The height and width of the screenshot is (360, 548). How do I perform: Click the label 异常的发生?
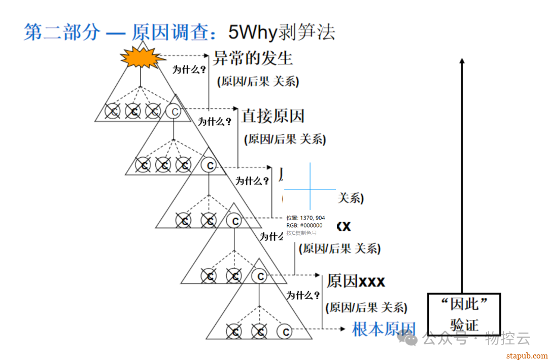[x=253, y=58]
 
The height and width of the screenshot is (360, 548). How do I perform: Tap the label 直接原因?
[x=273, y=116]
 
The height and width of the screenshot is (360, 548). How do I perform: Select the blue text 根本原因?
[x=384, y=329]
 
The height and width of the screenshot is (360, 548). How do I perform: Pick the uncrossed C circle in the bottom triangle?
[x=285, y=332]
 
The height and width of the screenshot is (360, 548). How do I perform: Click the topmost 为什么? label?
[x=189, y=70]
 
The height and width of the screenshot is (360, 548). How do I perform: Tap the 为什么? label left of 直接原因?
[x=215, y=122]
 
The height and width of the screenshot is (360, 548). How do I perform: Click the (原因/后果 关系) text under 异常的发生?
[x=258, y=81]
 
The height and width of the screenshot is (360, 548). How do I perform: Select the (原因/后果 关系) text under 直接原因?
[x=285, y=139]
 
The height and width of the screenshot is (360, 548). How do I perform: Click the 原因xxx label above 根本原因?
[x=356, y=281]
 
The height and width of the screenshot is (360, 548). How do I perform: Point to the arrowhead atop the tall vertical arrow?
[x=462, y=60]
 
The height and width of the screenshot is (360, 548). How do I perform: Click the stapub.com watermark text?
[x=527, y=355]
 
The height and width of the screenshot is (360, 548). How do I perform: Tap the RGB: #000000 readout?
[x=304, y=225]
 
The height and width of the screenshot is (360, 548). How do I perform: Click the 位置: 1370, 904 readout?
[x=305, y=218]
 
